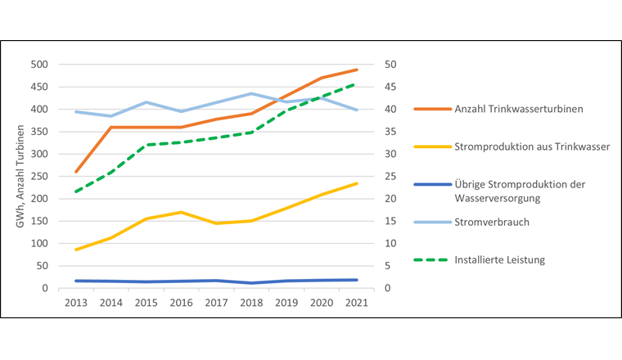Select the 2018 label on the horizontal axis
click(x=250, y=302)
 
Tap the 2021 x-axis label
click(x=356, y=302)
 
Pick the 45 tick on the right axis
click(x=391, y=88)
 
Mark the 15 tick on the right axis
click(x=391, y=222)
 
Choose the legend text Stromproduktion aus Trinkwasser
click(x=525, y=147)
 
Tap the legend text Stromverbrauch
click(x=491, y=222)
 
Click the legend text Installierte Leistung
click(x=501, y=259)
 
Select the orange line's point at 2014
click(x=110, y=128)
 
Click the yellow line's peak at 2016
click(x=181, y=212)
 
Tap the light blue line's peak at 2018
click(x=250, y=93)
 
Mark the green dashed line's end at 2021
click(x=356, y=83)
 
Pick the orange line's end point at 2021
click(x=356, y=70)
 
